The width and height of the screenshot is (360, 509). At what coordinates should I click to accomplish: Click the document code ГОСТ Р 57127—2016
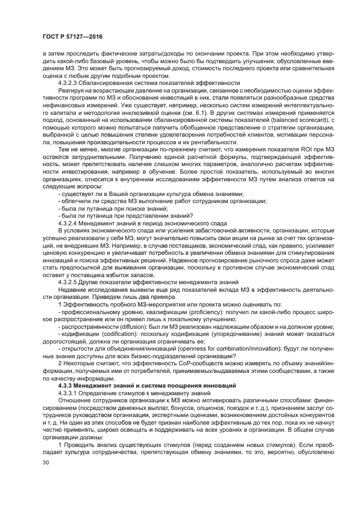pyautogui.click(x=72, y=36)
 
